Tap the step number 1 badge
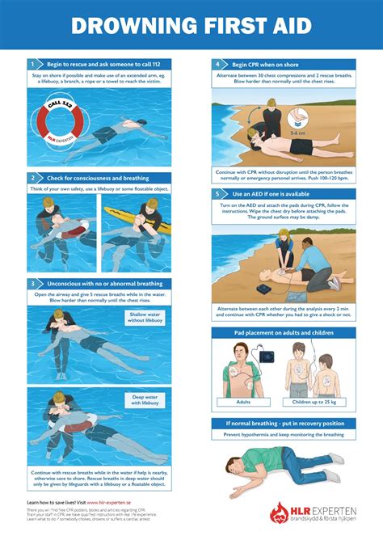pyautogui.click(x=33, y=63)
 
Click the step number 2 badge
pyautogui.click(x=33, y=178)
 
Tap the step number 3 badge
pyautogui.click(x=33, y=284)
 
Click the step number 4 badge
pyautogui.click(x=217, y=63)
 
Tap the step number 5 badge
pyautogui.click(x=217, y=195)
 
